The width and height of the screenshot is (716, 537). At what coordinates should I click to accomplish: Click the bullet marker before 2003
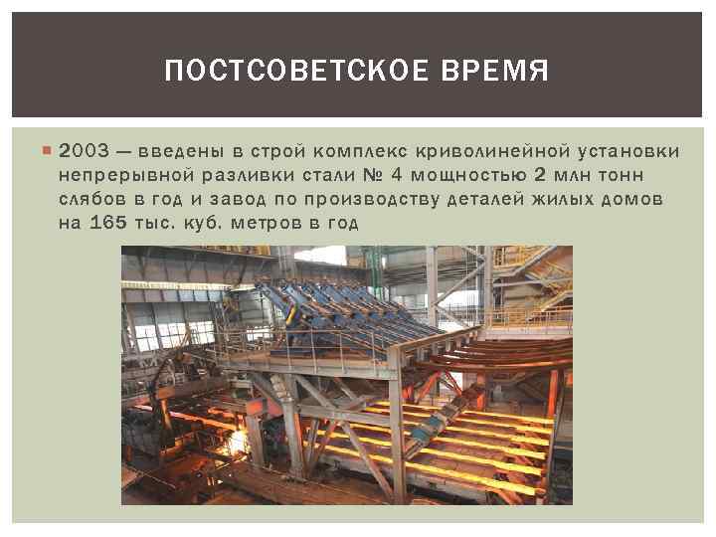click(48, 152)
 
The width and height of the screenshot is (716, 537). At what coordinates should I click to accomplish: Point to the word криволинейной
click(477, 152)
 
